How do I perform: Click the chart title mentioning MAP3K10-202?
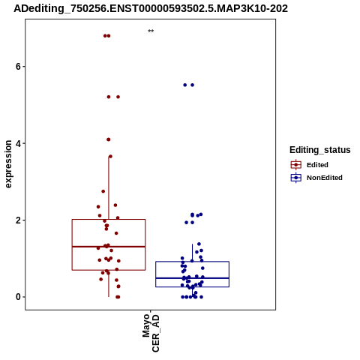pos(151,8)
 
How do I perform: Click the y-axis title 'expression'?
pos(8,164)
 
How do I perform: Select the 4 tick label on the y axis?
pos(17,143)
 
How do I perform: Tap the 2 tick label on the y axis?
pos(17,220)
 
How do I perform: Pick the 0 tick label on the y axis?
pos(17,297)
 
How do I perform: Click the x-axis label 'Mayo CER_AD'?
pos(151,333)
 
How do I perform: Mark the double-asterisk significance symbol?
pos(151,31)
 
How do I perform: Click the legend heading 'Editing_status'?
pos(319,150)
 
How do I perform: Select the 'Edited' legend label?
pos(317,165)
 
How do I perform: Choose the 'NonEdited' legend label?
pos(325,178)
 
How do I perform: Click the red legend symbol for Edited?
pos(296,165)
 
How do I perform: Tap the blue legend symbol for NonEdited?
pos(296,178)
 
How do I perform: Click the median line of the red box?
pos(109,247)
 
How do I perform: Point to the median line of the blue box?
pos(192,278)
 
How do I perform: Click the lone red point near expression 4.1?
pos(108,139)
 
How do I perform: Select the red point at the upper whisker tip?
pos(110,157)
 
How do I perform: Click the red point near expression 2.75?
pos(103,191)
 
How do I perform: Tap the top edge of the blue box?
pos(192,262)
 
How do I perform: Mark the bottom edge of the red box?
pos(109,270)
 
